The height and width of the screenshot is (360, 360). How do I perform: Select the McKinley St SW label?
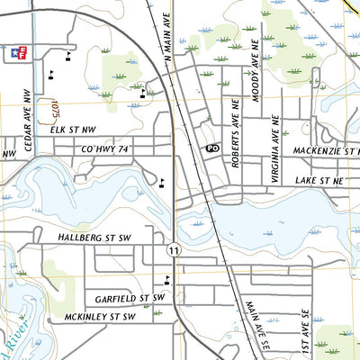point(100,317)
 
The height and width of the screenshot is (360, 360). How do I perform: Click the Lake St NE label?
point(320,181)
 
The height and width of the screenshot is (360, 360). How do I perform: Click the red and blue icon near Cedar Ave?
point(15,53)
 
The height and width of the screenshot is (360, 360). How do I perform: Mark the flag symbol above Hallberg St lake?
point(161,184)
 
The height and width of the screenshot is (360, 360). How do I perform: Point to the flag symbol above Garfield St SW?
point(166,279)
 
